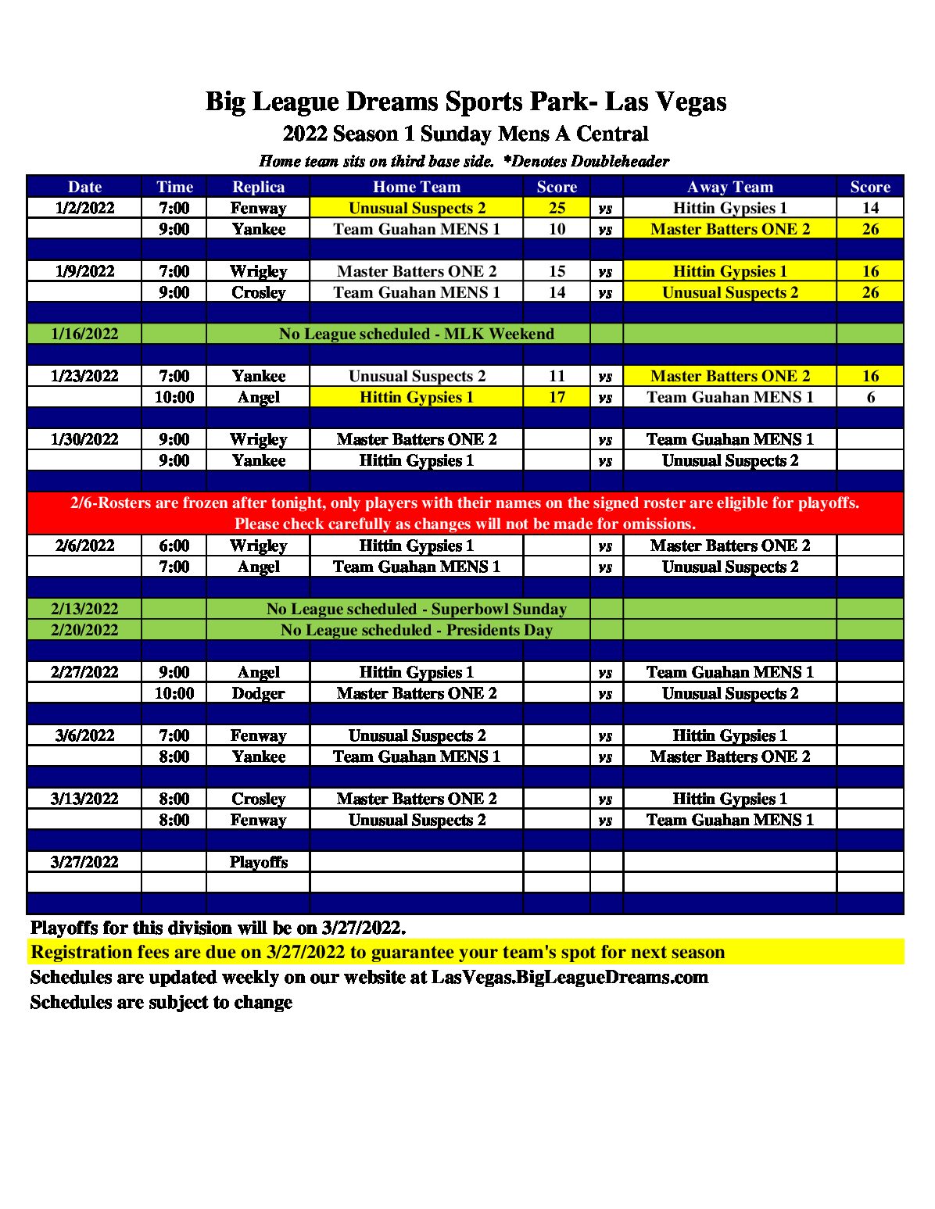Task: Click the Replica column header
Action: pyautogui.click(x=258, y=187)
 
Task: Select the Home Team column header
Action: pyautogui.click(x=416, y=187)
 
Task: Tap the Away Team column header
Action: pyautogui.click(x=729, y=187)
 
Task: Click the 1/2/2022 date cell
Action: pyautogui.click(x=84, y=208)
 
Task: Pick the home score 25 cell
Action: pyautogui.click(x=557, y=208)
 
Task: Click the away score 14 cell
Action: pyautogui.click(x=870, y=208)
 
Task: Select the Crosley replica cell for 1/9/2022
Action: pyautogui.click(x=258, y=292)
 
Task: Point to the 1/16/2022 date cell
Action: pyautogui.click(x=84, y=334)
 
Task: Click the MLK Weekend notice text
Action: pyautogui.click(x=416, y=334)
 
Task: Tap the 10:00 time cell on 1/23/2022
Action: pyautogui.click(x=174, y=397)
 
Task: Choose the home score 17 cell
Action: pyautogui.click(x=557, y=397)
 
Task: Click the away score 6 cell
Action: pyautogui.click(x=870, y=397)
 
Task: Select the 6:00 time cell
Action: pyautogui.click(x=174, y=545)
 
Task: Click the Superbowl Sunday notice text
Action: pyautogui.click(x=416, y=609)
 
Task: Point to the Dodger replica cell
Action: pyautogui.click(x=258, y=693)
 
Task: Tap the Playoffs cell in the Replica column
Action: pyautogui.click(x=258, y=862)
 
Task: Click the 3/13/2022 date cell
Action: pyautogui.click(x=84, y=799)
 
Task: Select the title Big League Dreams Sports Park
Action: pyautogui.click(x=466, y=102)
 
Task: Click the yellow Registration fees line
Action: pyautogui.click(x=378, y=952)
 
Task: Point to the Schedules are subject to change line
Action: pyautogui.click(x=161, y=1002)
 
